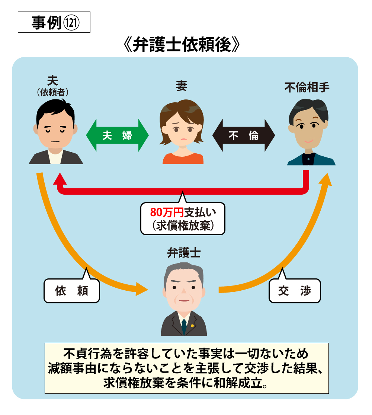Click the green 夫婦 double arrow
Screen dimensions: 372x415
tap(117, 135)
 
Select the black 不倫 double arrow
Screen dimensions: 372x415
tap(243, 135)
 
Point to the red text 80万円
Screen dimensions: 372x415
tap(167, 212)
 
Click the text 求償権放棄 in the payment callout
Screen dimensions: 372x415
tap(183, 226)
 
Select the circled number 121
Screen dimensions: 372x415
tap(71, 23)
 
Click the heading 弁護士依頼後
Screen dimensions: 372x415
tap(182, 44)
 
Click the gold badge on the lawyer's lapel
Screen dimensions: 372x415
tap(192, 326)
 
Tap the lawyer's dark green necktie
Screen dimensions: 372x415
tap(184, 326)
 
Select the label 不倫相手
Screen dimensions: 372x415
tap(307, 87)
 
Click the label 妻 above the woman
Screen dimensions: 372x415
tap(182, 86)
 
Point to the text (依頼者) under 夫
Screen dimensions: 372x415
tap(53, 92)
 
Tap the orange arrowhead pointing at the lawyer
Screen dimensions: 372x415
tap(142, 289)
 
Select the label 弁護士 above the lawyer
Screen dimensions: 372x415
tap(184, 253)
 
